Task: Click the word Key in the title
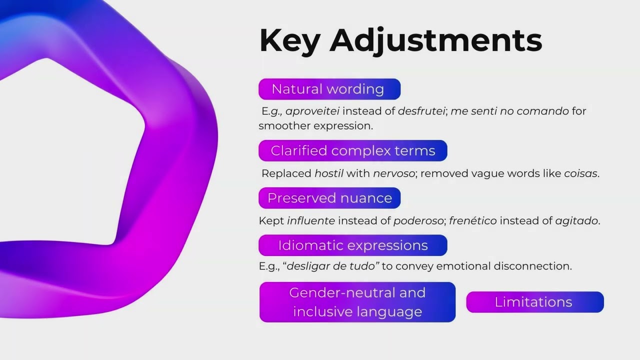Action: click(289, 41)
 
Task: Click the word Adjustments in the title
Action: click(435, 41)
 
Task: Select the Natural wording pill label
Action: click(329, 89)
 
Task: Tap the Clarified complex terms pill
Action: click(353, 150)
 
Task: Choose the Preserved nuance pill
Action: click(329, 198)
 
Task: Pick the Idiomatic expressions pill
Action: click(353, 245)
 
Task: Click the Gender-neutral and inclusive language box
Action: click(357, 302)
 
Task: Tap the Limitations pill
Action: click(535, 302)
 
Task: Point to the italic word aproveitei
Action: click(312, 111)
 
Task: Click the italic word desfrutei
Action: click(421, 111)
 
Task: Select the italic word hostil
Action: click(329, 173)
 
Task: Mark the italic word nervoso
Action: click(394, 173)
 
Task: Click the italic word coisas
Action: click(580, 173)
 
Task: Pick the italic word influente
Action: click(311, 221)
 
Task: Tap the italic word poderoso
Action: click(418, 221)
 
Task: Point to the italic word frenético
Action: click(473, 221)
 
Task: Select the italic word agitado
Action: click(576, 221)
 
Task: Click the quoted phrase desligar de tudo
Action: click(331, 266)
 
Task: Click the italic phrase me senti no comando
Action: click(509, 111)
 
